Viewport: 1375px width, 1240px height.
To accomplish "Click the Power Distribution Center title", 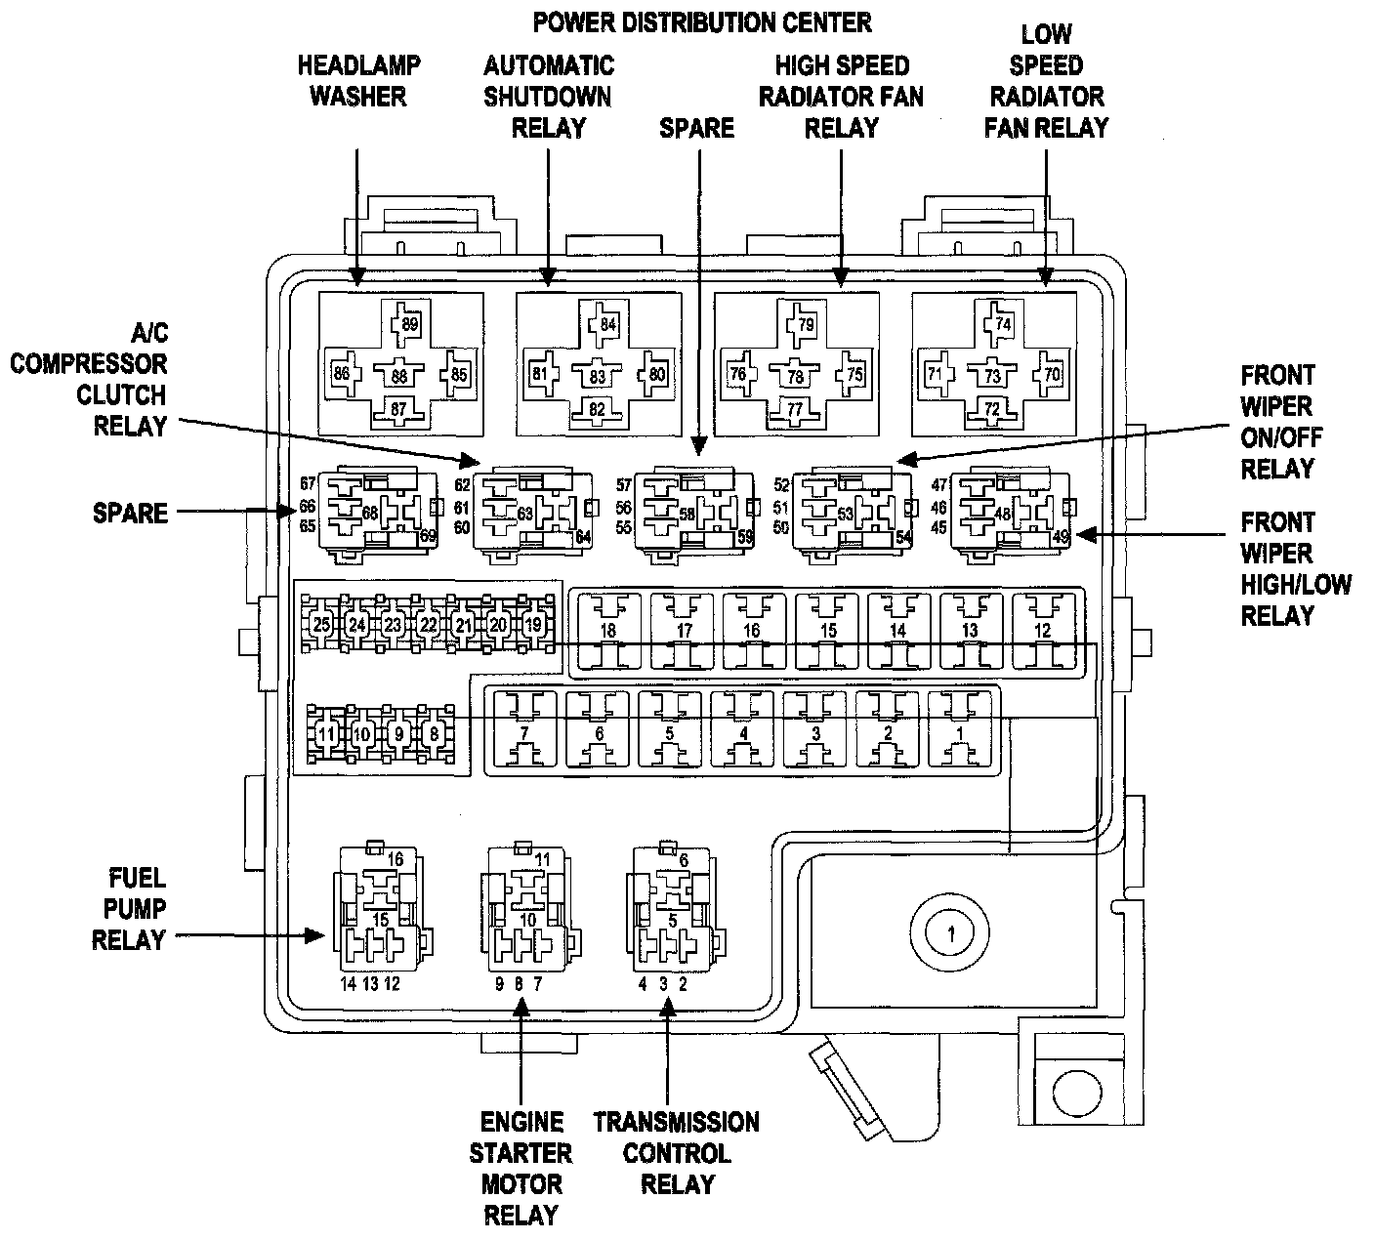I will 701,21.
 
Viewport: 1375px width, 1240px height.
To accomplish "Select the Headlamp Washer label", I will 358,81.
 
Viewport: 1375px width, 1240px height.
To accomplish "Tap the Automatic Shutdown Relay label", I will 549,97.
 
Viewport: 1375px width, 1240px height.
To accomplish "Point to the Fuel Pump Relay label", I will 129,908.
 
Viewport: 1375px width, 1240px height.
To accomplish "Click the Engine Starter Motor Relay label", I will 521,1168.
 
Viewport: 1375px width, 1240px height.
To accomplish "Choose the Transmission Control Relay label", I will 677,1152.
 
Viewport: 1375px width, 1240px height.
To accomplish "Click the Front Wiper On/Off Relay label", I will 1277,422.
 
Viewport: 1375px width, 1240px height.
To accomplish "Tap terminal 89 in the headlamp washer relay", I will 409,324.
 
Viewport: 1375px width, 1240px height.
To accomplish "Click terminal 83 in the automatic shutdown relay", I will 597,377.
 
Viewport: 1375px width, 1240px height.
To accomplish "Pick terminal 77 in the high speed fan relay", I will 795,410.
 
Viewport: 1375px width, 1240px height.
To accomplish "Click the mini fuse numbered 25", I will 322,624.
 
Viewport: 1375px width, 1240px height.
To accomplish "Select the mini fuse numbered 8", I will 431,734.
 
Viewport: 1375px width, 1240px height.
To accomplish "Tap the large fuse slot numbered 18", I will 607,631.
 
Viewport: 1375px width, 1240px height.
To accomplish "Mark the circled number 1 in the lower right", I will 950,934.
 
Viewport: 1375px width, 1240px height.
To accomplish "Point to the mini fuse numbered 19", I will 533,624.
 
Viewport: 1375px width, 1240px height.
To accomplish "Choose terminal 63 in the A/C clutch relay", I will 524,514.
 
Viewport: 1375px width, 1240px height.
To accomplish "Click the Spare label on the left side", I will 130,513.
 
